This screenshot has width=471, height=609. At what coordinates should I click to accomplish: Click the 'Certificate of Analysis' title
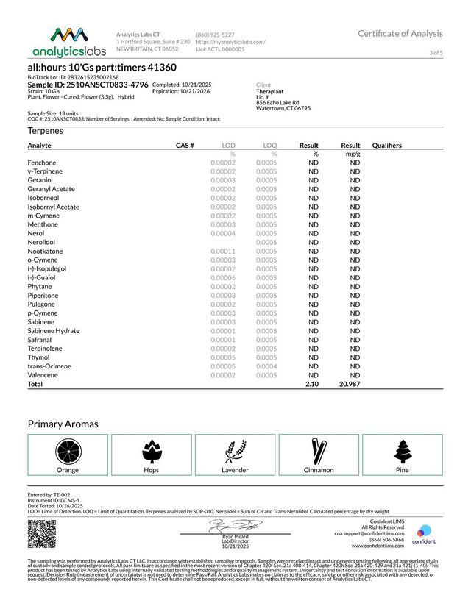coord(400,34)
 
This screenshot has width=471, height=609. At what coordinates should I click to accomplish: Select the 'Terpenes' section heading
coord(46,130)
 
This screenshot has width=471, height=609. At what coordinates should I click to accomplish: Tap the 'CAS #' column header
coord(185,146)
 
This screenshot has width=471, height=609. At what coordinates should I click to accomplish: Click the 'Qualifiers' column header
coord(387,146)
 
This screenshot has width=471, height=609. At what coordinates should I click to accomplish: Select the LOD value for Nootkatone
coord(222,251)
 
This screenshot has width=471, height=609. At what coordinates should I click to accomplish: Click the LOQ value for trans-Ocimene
coord(266,366)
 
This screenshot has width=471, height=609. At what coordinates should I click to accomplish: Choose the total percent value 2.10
coord(311,384)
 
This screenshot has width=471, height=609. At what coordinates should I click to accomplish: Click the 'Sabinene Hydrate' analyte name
coord(53,331)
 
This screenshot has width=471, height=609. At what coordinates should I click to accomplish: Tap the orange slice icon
coord(67,450)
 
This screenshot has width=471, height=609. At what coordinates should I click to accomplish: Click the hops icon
coord(151,450)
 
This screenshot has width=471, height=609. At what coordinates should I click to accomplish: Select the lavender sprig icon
coord(235,450)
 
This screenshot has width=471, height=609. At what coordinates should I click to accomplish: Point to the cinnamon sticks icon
coord(319,450)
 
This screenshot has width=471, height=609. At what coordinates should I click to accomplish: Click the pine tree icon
coord(402,450)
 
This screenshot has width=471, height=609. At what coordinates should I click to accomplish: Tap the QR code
coord(41,533)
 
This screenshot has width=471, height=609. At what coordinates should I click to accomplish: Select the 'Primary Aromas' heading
coord(63,424)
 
